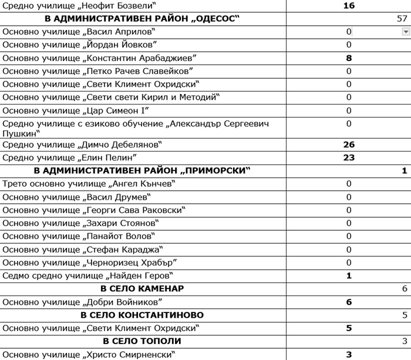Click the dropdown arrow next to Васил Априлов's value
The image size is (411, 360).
pos(406,32)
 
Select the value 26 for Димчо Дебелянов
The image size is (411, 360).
pos(349,144)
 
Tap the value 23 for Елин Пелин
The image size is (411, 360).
pos(349,157)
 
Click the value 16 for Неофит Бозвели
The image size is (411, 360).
pos(349,6)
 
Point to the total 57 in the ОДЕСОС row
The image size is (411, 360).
pos(402,19)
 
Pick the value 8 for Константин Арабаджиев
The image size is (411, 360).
pos(349,58)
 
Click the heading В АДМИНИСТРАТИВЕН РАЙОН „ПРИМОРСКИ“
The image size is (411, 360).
pos(142,171)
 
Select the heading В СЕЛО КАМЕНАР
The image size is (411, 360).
pos(142,289)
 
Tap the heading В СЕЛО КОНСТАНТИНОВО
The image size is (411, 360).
pos(142,315)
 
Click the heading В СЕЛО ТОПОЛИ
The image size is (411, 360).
pos(142,341)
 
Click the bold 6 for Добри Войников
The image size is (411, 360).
pos(349,302)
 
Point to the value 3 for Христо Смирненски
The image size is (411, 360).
pos(349,354)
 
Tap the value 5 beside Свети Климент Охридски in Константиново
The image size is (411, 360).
pos(349,328)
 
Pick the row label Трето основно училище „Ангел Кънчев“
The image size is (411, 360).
pos(89,184)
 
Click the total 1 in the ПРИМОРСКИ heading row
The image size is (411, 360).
pos(404,171)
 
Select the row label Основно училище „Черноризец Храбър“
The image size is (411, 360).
pos(89,263)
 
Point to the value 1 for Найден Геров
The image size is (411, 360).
pos(349,275)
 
